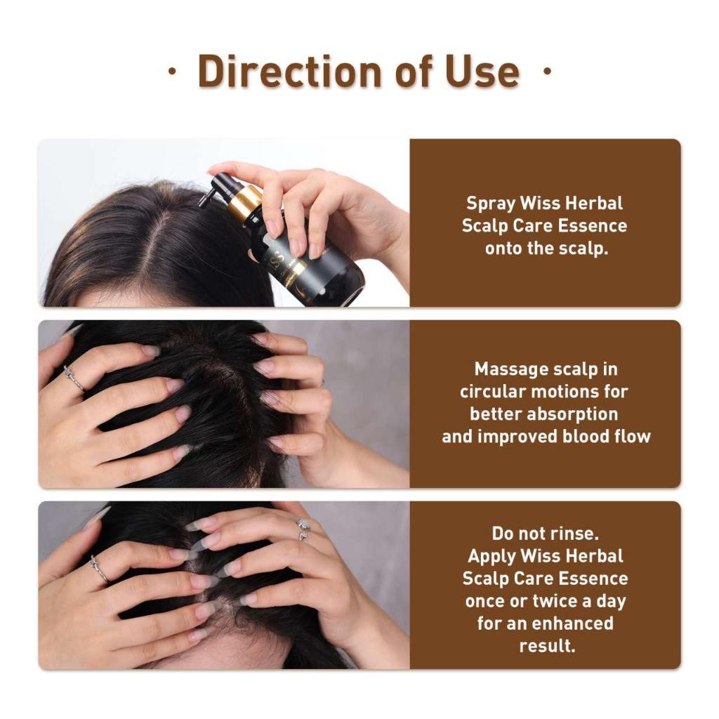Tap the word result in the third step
click(x=547, y=646)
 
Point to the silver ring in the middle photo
click(x=74, y=378)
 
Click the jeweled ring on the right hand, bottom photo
click(x=303, y=529)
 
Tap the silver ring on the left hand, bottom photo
click(x=100, y=569)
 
